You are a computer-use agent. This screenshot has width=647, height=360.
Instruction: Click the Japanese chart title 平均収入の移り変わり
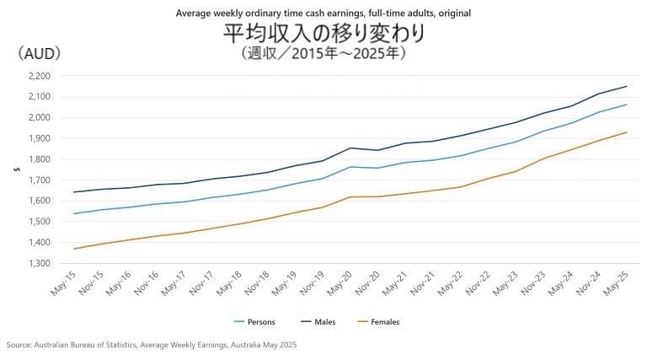point(323,34)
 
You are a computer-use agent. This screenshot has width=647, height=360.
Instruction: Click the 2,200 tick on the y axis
point(39,76)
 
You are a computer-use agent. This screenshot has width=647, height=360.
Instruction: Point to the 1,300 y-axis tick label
point(39,263)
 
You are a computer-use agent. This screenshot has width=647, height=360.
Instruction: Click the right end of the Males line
point(627,86)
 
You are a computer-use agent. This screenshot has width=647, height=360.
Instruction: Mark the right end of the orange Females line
point(627,132)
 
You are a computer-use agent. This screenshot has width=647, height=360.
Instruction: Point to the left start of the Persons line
point(74,213)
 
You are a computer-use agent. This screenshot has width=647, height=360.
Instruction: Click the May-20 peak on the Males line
point(350,148)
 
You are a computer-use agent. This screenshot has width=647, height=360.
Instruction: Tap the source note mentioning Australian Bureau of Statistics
point(152,345)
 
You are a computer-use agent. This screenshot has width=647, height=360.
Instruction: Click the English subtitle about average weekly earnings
point(323,13)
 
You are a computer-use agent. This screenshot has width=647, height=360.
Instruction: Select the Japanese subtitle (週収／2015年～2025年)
point(323,53)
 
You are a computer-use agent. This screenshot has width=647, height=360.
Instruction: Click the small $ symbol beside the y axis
point(16,169)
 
